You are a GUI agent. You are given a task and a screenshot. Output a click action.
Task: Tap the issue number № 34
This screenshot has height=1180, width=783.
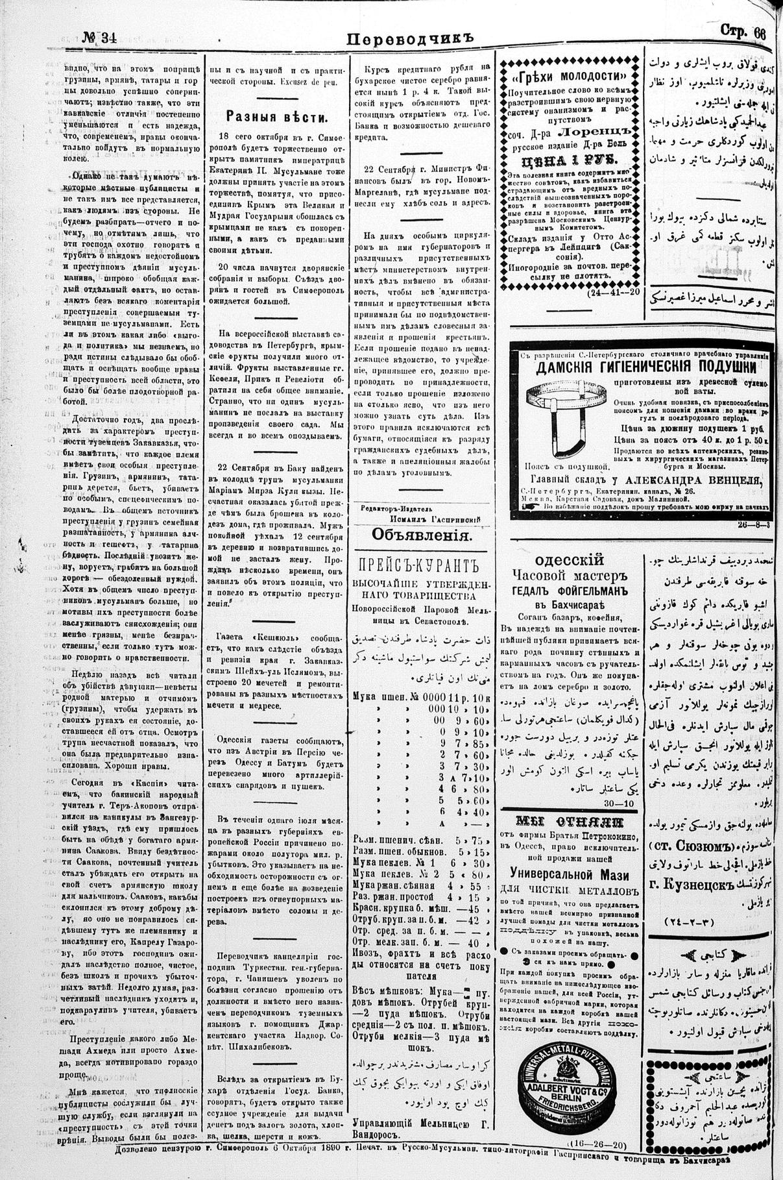[99, 36]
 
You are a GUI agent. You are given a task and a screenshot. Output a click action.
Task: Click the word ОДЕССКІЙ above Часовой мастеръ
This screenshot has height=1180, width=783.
[570, 560]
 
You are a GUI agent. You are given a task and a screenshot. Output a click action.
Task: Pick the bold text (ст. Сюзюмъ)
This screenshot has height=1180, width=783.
[692, 847]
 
